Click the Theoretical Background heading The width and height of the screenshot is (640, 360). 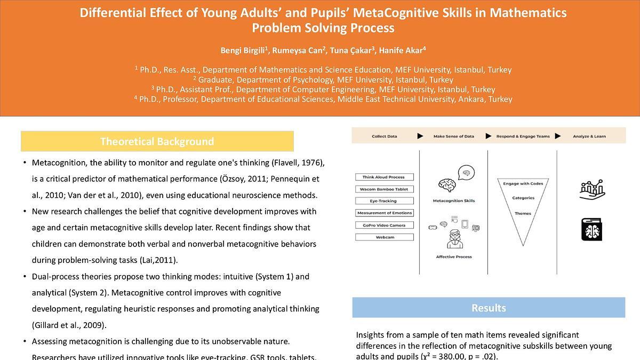tap(157, 141)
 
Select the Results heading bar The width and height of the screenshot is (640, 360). tap(489, 308)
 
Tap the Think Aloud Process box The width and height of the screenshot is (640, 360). tap(383, 177)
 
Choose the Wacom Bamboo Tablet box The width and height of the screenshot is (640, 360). tap(383, 189)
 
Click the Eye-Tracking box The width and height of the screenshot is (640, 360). tap(383, 201)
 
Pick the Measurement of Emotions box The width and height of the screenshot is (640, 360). tap(383, 213)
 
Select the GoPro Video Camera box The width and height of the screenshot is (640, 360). tap(383, 225)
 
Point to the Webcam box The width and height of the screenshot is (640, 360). tap(383, 237)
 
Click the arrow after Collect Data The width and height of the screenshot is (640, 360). tap(420, 136)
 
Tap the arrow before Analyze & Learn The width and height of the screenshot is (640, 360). tap(558, 136)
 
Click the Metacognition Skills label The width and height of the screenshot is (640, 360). tap(453, 201)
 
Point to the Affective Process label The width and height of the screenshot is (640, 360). tap(453, 257)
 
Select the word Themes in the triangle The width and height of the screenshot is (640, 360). tap(523, 213)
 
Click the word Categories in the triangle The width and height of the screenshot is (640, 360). tap(523, 198)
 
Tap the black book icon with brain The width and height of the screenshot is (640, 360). tap(591, 229)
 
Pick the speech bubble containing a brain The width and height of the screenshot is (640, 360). tap(466, 172)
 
